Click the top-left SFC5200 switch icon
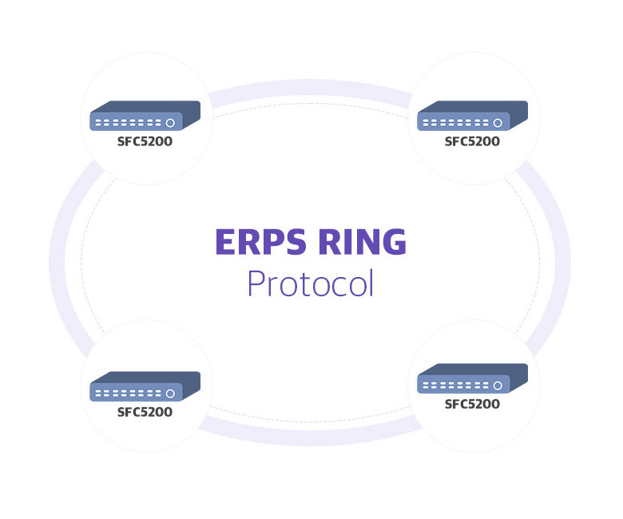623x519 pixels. pos(145,115)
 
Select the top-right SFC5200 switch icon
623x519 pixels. pos(472,115)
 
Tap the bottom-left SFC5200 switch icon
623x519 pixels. pos(145,386)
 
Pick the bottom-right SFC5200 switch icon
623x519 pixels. pos(472,378)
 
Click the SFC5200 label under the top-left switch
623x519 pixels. pos(145,141)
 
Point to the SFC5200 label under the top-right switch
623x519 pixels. pos(472,141)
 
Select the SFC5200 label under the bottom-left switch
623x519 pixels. pos(145,412)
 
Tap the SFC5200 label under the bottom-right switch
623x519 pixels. pos(472,404)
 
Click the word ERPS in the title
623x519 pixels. pos(260,241)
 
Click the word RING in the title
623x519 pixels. pos(363,241)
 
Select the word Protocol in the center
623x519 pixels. pos(311,283)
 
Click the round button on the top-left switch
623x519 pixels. pos(170,123)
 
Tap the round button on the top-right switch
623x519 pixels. pos(498,123)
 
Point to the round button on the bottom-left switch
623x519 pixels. pos(170,394)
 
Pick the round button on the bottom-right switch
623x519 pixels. pos(498,386)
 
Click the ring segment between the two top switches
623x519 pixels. pos(310,87)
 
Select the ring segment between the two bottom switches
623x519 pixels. pos(310,438)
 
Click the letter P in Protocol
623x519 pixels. pos(256,283)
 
